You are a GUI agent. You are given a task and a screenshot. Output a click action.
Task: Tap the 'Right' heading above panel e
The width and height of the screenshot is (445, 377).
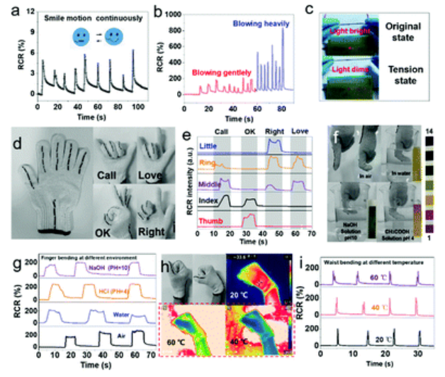(x=274, y=133)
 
